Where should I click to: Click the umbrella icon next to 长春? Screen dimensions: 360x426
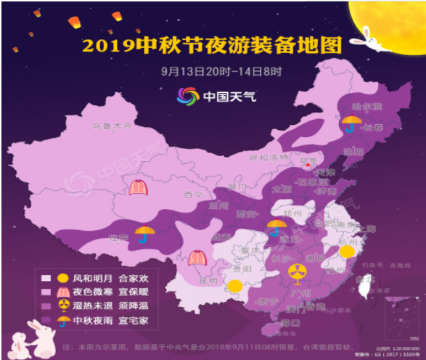tap(352, 123)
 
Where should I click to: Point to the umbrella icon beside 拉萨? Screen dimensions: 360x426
tap(145, 234)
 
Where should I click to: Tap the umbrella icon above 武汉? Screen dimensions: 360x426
tap(276, 227)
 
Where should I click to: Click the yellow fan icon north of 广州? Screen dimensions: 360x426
tap(296, 272)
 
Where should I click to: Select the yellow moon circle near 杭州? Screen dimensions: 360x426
tap(347, 251)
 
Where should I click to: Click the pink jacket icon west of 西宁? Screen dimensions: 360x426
tap(138, 187)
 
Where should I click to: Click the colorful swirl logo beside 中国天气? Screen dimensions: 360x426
tap(188, 96)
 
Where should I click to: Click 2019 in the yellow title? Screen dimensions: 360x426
tap(106, 46)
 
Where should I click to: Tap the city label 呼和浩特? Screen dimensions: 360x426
tap(269, 157)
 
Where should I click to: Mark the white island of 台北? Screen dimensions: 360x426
tap(366, 279)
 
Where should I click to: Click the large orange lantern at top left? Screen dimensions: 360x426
tap(74, 22)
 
